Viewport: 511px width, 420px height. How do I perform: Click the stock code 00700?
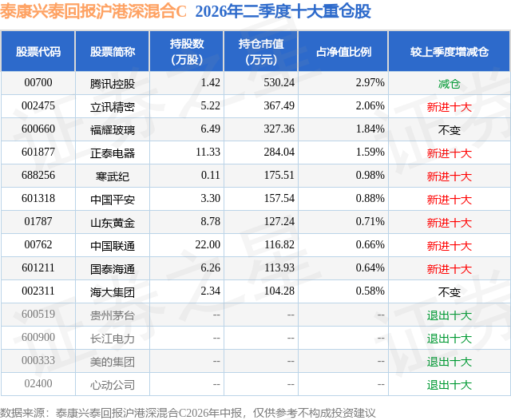pos(38,83)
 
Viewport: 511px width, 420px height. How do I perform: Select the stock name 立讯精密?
pos(113,107)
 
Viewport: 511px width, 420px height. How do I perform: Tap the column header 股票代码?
pos(38,51)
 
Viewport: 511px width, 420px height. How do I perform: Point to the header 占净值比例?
pos(343,51)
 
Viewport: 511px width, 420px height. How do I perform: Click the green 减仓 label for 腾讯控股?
pos(449,84)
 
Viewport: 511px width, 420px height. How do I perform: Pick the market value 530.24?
pos(279,83)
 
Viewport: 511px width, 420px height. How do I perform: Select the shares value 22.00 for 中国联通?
pos(208,244)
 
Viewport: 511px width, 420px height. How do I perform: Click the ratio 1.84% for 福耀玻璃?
pos(370,129)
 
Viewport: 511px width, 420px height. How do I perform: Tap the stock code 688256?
pos(38,176)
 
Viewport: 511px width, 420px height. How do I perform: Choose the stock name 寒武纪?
pos(113,176)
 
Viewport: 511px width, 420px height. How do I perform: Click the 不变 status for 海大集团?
pos(449,292)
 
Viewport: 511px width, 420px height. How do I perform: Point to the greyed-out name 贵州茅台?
pos(113,315)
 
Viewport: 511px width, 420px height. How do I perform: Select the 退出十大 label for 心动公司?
pos(449,385)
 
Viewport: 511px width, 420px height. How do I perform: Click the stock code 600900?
pos(38,337)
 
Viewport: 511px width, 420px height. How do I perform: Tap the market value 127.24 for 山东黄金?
pos(279,221)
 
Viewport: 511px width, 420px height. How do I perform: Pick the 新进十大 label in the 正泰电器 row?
pos(449,153)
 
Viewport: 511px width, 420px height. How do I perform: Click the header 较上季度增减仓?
pos(449,51)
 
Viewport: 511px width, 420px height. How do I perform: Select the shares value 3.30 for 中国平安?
pos(210,199)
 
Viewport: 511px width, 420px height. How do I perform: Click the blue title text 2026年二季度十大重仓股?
pos(283,11)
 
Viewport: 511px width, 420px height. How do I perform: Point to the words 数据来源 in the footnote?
pos(22,413)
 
